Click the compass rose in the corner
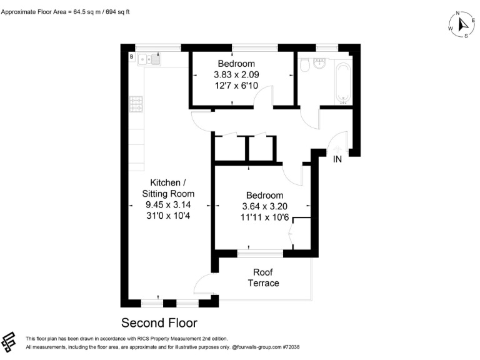[x=461, y=25]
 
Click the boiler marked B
[x=131, y=57]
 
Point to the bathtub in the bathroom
[x=343, y=81]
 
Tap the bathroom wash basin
[x=321, y=63]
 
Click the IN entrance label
[x=337, y=159]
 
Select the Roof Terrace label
[x=266, y=277]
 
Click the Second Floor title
[x=159, y=323]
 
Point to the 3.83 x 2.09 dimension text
[x=236, y=75]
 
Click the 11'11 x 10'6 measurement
[x=264, y=217]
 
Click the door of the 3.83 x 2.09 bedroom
[x=264, y=97]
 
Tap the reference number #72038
[x=291, y=346]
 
